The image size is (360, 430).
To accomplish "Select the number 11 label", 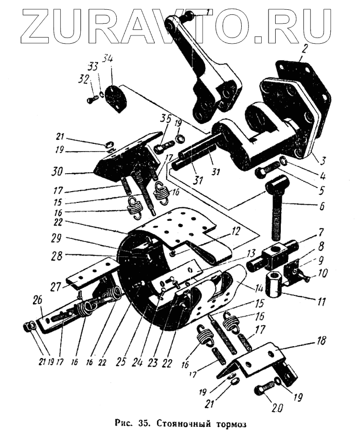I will (x=321, y=298).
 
